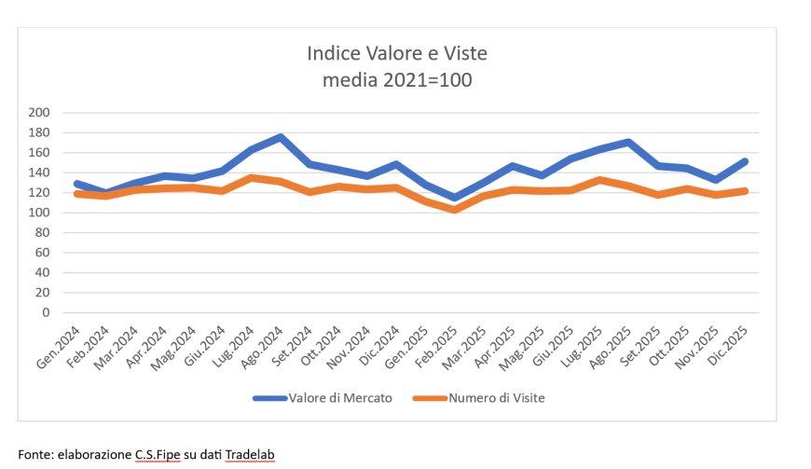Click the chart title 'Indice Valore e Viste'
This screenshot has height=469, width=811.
tap(397, 53)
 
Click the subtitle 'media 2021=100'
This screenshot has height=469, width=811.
tap(397, 79)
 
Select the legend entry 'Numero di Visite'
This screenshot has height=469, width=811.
tap(497, 398)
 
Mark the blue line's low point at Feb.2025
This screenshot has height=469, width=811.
tap(456, 198)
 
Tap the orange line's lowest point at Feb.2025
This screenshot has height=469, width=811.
tap(456, 210)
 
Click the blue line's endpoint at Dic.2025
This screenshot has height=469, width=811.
tap(747, 161)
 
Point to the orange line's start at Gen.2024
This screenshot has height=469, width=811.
tap(76, 193)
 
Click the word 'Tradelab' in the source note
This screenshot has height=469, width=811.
tap(250, 455)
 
